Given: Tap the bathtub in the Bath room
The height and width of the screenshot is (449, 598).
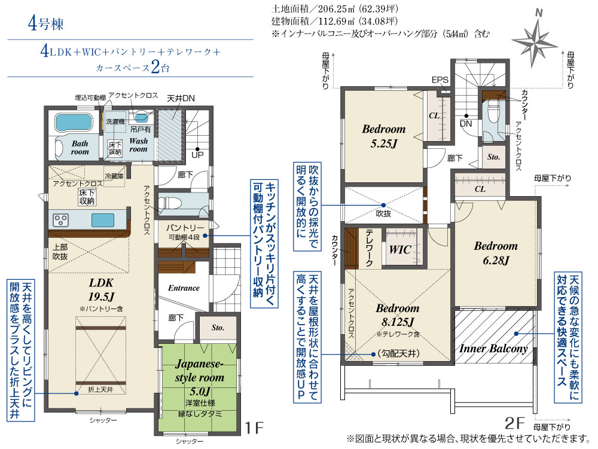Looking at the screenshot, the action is (74, 123).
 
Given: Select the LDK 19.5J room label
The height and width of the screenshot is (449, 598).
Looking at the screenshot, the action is (101, 290).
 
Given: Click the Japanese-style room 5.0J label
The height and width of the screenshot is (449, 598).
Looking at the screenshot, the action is (200, 377).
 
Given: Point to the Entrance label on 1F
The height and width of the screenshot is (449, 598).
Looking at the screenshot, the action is (184, 288).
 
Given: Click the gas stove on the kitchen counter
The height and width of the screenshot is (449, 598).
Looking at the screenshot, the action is (60, 220).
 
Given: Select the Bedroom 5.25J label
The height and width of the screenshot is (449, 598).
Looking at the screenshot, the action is (384, 136).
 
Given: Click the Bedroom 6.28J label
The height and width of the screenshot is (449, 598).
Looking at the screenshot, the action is (496, 253).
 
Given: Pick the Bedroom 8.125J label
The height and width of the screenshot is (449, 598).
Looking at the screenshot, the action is (398, 315).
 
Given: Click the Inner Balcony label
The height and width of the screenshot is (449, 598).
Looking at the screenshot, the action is (493, 349).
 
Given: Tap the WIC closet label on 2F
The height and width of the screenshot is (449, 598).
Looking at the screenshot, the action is (400, 250).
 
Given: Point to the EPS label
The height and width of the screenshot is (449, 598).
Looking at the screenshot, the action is (440, 80).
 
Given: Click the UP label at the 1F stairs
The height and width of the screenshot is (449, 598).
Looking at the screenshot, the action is (197, 155).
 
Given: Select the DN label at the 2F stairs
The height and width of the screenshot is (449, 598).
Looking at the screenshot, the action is (466, 124).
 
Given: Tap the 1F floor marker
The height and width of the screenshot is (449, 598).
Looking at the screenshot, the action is (254, 427).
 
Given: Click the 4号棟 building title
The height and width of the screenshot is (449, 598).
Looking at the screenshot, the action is (46, 24).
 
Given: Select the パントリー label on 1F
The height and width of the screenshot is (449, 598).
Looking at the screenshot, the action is (185, 228).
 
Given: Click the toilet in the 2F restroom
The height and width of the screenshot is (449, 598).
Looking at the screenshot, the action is (493, 110).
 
